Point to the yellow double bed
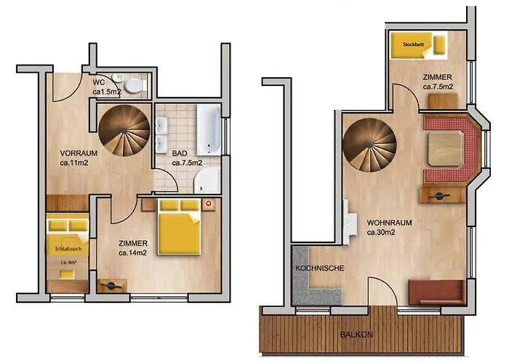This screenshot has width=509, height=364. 180,226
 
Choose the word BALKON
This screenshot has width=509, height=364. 361,336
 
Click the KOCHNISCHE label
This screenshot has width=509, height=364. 319,268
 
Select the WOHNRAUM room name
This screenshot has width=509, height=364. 390,222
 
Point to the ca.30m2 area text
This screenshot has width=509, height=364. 382,233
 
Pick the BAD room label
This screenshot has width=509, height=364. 180,154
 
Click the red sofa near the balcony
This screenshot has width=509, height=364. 435,291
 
